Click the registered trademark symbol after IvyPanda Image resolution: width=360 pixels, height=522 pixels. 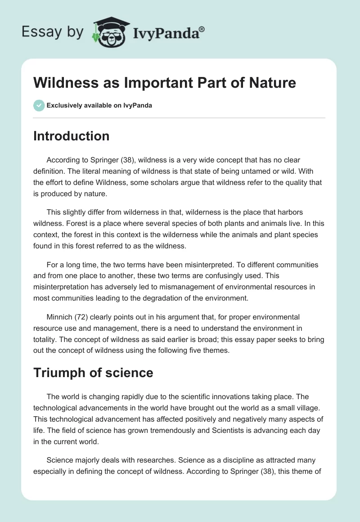point(202,29)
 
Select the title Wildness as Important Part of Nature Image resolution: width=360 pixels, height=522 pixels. point(164,83)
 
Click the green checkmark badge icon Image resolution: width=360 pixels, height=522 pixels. point(39,106)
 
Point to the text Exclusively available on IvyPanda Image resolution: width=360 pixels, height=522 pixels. point(99,106)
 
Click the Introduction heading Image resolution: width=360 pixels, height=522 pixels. point(71,136)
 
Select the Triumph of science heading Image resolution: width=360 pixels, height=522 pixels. point(93,373)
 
